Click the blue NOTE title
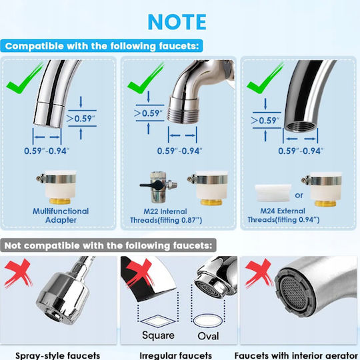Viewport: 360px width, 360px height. click(x=177, y=22)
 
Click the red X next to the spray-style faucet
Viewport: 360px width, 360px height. click(x=19, y=273)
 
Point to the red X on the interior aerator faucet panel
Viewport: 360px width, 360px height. click(x=259, y=273)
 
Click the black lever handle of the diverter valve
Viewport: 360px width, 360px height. click(x=151, y=184)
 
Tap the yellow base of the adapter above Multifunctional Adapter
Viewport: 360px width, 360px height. click(x=60, y=201)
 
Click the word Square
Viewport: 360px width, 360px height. click(x=158, y=335)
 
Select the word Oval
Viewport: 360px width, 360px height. click(x=208, y=336)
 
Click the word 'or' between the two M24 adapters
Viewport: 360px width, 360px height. click(x=299, y=195)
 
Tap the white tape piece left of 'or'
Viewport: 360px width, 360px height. click(x=273, y=193)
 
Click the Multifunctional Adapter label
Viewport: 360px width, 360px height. click(x=61, y=215)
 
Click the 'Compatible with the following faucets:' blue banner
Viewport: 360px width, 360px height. click(x=102, y=46)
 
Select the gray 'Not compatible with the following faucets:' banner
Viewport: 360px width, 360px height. click(x=108, y=245)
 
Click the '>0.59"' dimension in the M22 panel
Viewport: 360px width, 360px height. click(x=148, y=113)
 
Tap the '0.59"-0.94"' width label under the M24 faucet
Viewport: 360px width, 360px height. click(x=301, y=151)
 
